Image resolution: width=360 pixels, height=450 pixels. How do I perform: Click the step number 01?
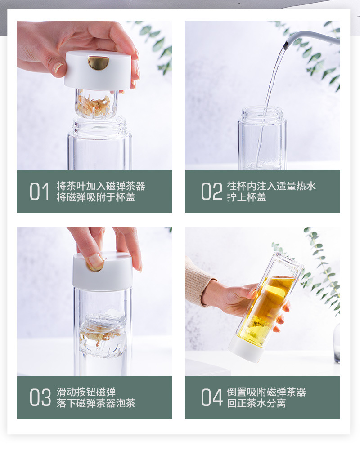40,192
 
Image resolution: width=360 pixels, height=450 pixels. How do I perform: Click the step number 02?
211,192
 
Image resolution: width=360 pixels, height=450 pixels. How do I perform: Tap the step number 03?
40,398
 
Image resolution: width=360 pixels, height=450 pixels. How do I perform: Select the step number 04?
212,398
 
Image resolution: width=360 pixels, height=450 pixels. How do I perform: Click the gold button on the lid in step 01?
98,62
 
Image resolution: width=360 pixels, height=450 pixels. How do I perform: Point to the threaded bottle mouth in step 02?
262,114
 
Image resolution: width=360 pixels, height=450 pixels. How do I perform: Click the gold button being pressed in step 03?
95,267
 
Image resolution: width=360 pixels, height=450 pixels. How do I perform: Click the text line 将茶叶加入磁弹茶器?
101,186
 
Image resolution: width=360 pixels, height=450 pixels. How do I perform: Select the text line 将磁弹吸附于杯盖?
96,198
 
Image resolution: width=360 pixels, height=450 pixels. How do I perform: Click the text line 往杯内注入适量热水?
271,186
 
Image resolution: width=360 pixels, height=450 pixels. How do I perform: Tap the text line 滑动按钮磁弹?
86,392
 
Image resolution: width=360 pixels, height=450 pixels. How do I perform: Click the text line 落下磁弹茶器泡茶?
96,403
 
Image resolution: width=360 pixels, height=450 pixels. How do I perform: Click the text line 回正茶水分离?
256,403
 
